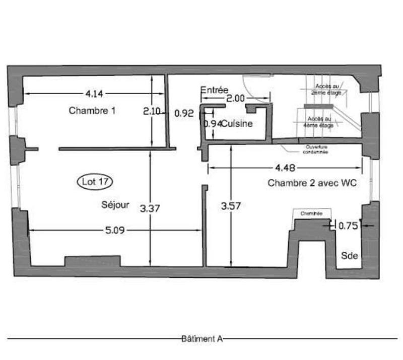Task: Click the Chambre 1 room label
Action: (92, 111)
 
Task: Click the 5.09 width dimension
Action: (114, 231)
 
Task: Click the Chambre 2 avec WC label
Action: (312, 184)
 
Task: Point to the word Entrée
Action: (214, 90)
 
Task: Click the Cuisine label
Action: (236, 123)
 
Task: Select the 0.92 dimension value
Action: (184, 114)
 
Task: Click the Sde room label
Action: (350, 255)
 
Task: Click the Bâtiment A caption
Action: (201, 339)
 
